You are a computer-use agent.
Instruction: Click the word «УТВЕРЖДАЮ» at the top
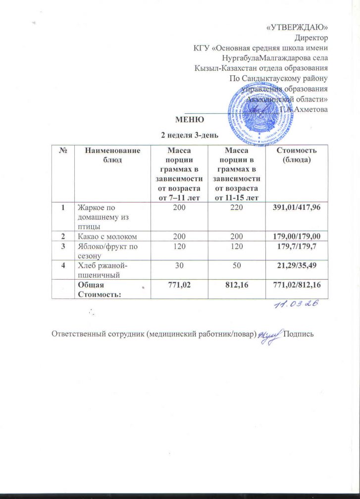click(x=297, y=26)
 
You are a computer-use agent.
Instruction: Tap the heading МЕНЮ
click(x=188, y=120)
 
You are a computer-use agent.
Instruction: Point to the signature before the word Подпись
click(x=269, y=334)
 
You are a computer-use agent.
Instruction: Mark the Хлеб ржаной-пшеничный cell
click(x=102, y=271)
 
